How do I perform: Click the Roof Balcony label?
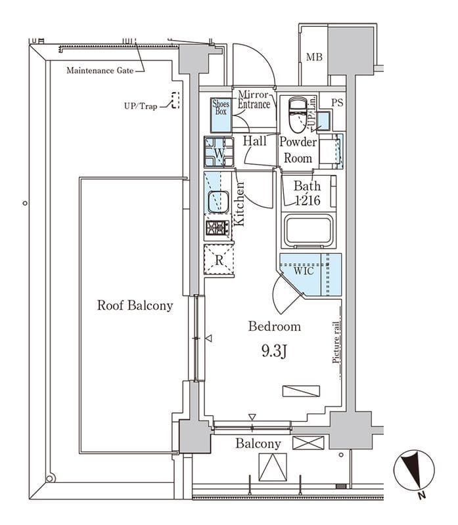click(x=135, y=305)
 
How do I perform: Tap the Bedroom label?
click(x=274, y=326)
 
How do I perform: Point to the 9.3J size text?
click(x=273, y=352)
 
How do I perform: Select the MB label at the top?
click(x=314, y=58)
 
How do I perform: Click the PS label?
click(x=336, y=102)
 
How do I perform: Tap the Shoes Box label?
click(x=220, y=107)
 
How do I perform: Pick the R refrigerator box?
click(x=219, y=259)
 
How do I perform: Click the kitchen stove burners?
click(x=218, y=228)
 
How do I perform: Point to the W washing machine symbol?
click(x=219, y=153)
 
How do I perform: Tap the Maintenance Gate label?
click(x=100, y=70)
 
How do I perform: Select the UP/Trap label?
click(x=140, y=105)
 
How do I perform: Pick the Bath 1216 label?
click(x=307, y=194)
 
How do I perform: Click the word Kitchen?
click(x=239, y=204)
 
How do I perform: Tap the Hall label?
click(x=254, y=141)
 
